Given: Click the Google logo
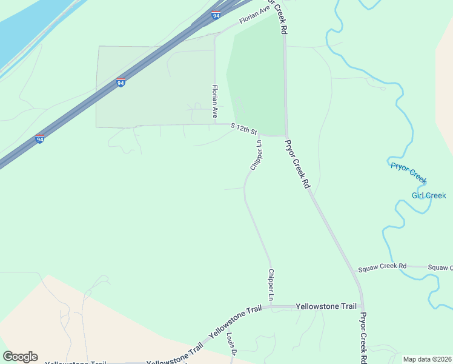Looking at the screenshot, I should click(20, 357).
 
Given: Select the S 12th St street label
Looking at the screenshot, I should click(244, 129).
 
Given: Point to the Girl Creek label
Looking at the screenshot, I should click(429, 195).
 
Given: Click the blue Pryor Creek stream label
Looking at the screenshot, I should click(409, 173).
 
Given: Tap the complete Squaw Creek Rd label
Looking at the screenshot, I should click(382, 267).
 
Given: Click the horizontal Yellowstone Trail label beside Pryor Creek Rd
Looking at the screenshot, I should click(326, 306).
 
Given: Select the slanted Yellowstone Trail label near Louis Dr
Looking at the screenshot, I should click(235, 322).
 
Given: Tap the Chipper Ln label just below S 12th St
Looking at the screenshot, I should click(255, 155).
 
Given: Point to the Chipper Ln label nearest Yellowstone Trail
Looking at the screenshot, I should click(271, 285).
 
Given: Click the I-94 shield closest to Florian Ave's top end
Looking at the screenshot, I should click(216, 15).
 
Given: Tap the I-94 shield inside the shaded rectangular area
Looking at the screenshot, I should click(121, 83).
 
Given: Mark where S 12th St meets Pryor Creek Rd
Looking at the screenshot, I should click(286, 135).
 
